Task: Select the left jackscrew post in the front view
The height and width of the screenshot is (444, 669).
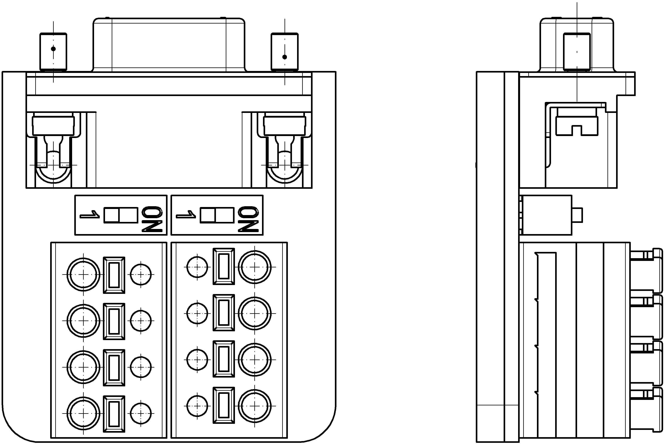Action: [53, 52]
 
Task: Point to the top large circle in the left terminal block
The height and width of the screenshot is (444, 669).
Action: [83, 274]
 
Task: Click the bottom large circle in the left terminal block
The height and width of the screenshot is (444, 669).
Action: [83, 413]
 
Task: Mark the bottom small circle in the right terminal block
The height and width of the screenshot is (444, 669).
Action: [197, 406]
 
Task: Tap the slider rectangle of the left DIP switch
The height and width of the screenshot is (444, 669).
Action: [121, 215]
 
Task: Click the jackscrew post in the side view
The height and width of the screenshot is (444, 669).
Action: [577, 52]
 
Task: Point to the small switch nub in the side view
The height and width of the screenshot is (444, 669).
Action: [577, 215]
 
